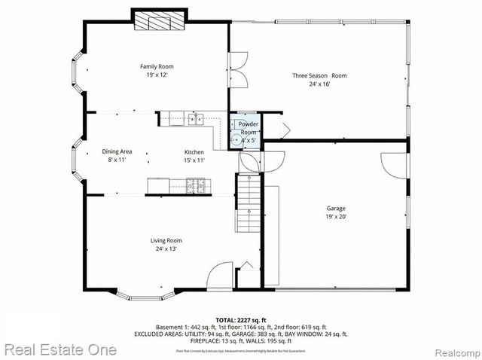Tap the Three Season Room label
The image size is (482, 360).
coord(319,75)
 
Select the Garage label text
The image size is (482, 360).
coord(336,208)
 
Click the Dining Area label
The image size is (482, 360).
coord(117,151)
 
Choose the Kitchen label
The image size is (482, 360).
coord(194,151)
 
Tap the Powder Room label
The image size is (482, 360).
coord(248,128)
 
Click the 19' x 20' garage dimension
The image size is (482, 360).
coord(336,217)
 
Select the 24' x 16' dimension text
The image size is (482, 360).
coord(319,84)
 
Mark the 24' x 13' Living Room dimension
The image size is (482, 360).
coord(166,249)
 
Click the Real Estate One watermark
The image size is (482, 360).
coord(59,349)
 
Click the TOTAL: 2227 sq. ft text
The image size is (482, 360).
coord(241,319)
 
